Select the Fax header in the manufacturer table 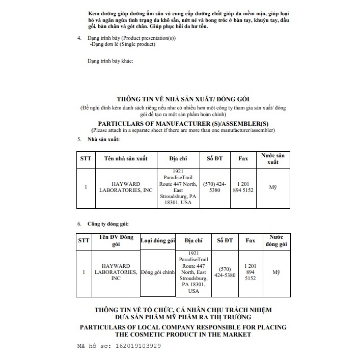coord(243,158)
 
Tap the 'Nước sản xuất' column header coord(273,158)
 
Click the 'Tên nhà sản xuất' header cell coord(125,158)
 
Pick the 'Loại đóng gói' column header coord(157,240)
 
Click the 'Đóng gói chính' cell coord(157,272)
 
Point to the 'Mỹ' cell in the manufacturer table coord(273,187)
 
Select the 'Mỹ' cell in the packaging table coord(276,272)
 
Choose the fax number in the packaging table coord(250,272)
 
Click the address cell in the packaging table coord(193,272)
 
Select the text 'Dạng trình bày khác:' coord(110,61)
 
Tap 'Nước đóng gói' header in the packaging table coord(276,240)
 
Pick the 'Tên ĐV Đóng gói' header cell coord(116,240)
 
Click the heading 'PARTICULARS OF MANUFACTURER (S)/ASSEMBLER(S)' coord(183,123)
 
